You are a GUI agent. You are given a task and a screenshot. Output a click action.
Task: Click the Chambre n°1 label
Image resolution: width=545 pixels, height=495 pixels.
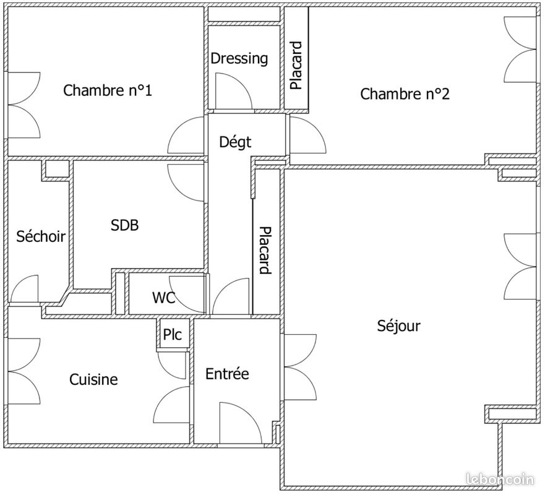[108, 90]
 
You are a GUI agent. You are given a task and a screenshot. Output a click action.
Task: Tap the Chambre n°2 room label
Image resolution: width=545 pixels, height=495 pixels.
[405, 94]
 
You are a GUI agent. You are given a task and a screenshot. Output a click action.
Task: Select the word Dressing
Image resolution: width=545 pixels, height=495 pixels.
[239, 58]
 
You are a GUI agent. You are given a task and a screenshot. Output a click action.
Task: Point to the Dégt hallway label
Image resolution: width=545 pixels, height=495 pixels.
[235, 142]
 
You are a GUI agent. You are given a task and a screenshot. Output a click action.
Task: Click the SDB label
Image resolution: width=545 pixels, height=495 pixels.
[125, 225]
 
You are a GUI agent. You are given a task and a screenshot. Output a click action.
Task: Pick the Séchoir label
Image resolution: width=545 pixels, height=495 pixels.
[41, 236]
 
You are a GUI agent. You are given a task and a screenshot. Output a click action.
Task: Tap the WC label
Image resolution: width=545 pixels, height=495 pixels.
[164, 298]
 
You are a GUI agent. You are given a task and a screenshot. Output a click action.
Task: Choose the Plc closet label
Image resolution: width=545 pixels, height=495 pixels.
[173, 334]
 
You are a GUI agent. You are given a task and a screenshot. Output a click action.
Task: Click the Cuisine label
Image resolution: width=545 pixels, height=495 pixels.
[93, 379]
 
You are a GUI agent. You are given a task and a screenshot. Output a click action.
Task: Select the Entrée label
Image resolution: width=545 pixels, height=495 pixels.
[227, 374]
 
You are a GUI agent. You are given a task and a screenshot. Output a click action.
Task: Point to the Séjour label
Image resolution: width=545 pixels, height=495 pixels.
[398, 325]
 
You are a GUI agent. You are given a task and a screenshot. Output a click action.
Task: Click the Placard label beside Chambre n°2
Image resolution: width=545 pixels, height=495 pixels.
[296, 66]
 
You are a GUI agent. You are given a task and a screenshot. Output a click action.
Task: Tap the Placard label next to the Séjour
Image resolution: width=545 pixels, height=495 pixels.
[265, 250]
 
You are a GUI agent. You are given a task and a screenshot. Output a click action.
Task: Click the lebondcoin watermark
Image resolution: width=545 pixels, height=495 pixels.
[500, 480]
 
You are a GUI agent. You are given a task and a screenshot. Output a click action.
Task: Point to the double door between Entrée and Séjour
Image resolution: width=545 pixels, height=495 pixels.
[300, 367]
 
